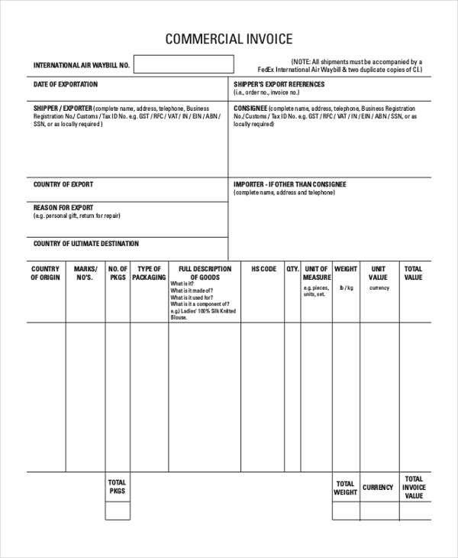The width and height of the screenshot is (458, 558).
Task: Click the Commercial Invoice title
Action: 229,40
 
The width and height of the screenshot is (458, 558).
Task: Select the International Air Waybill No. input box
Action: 185,64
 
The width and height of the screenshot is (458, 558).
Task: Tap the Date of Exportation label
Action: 66,84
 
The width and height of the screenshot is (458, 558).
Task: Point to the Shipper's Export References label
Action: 279,84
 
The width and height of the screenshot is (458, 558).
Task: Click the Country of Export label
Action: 63,184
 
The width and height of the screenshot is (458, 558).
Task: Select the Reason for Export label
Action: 63,207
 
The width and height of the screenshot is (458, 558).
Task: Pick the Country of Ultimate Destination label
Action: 86,244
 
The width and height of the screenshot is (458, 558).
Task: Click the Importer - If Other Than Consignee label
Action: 289,184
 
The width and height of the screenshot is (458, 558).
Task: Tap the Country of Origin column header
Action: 45,273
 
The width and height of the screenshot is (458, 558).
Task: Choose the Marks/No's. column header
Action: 85,273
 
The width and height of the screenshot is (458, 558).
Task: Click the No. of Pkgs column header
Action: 118,273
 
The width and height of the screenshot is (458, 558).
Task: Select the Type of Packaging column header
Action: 149,273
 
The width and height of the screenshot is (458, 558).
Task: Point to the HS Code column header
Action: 263,269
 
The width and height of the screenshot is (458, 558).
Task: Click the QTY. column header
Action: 292,269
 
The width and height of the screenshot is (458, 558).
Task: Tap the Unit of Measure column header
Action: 316,273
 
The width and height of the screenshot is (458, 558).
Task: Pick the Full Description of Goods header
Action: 205,273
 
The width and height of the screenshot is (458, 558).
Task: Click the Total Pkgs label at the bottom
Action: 117,487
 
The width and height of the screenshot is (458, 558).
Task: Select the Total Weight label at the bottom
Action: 345,488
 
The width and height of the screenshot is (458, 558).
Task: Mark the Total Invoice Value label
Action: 414,487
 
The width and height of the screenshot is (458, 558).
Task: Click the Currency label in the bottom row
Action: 378,487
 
